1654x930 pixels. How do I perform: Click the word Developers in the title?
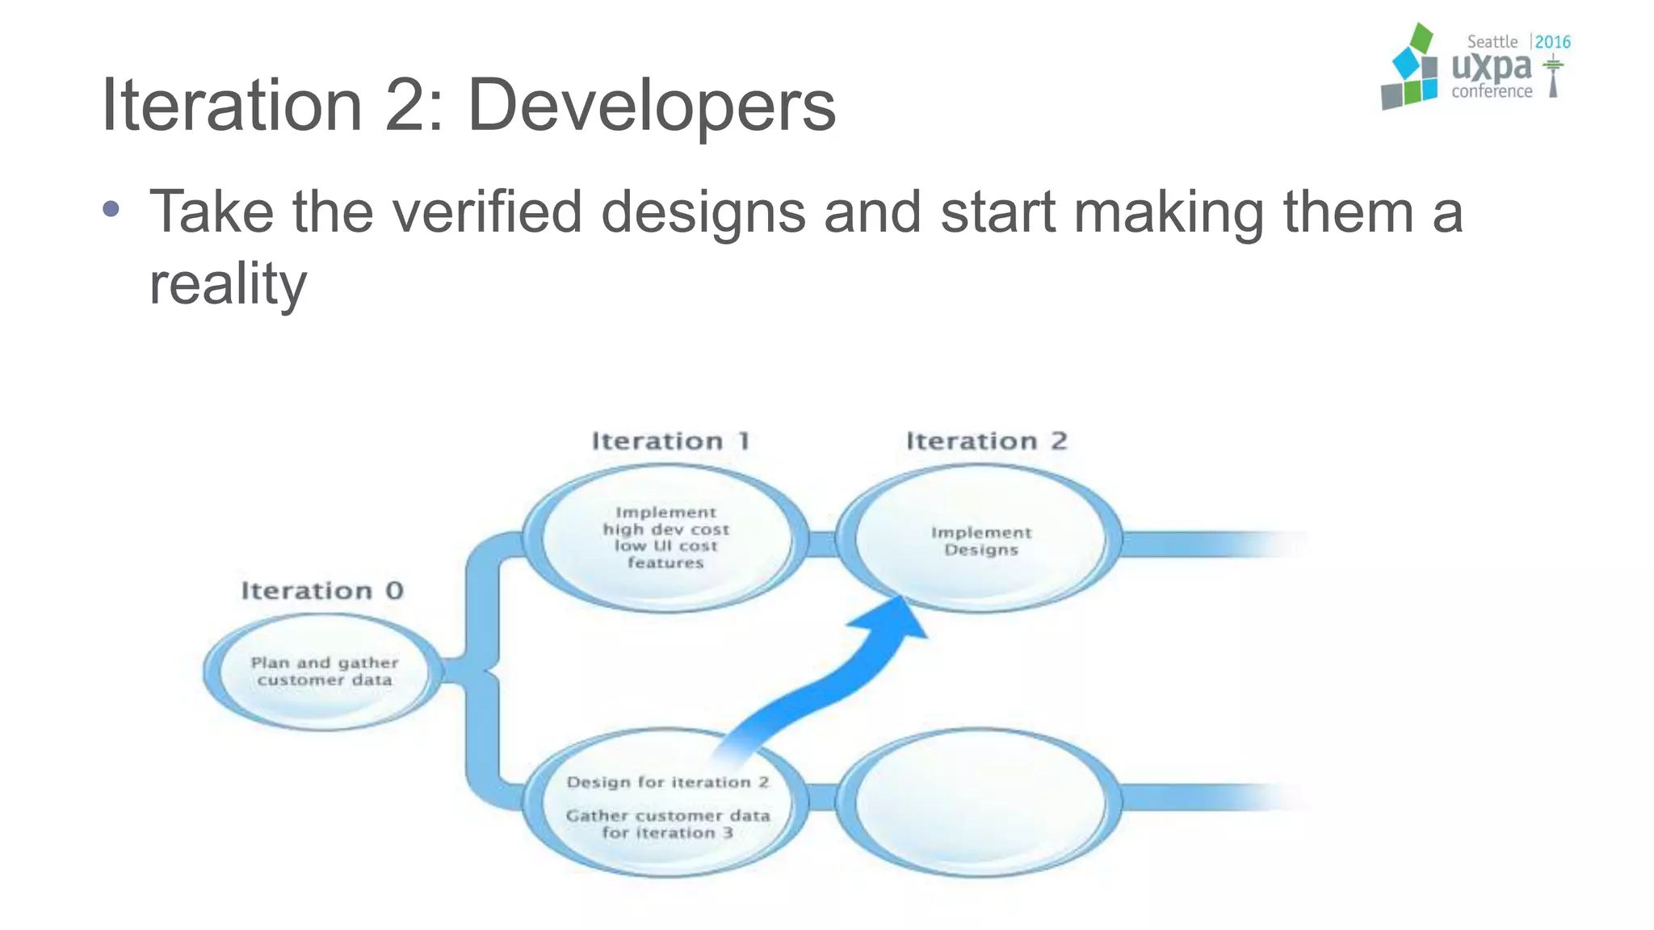pyautogui.click(x=651, y=106)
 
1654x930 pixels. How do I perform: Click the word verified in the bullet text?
pyautogui.click(x=487, y=212)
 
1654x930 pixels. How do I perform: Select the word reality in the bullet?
pyautogui.click(x=228, y=284)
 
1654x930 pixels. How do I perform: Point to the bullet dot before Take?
pyautogui.click(x=111, y=210)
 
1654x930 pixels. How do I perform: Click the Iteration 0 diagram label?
pyautogui.click(x=322, y=591)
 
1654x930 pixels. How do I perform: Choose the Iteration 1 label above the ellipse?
pyautogui.click(x=671, y=441)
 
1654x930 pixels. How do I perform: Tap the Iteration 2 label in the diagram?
pyautogui.click(x=986, y=441)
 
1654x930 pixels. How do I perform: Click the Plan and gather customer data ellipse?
pyautogui.click(x=324, y=672)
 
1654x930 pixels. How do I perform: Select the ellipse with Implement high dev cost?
pyautogui.click(x=665, y=537)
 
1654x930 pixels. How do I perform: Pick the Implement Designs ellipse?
pyautogui.click(x=980, y=539)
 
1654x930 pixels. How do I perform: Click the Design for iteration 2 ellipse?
pyautogui.click(x=665, y=803)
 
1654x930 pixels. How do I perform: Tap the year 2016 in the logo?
pyautogui.click(x=1552, y=42)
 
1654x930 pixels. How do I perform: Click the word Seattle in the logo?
pyautogui.click(x=1492, y=42)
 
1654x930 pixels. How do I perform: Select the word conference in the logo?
pyautogui.click(x=1491, y=92)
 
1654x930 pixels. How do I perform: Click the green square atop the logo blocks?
pyautogui.click(x=1421, y=38)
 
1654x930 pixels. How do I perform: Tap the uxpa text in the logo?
pyautogui.click(x=1491, y=67)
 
